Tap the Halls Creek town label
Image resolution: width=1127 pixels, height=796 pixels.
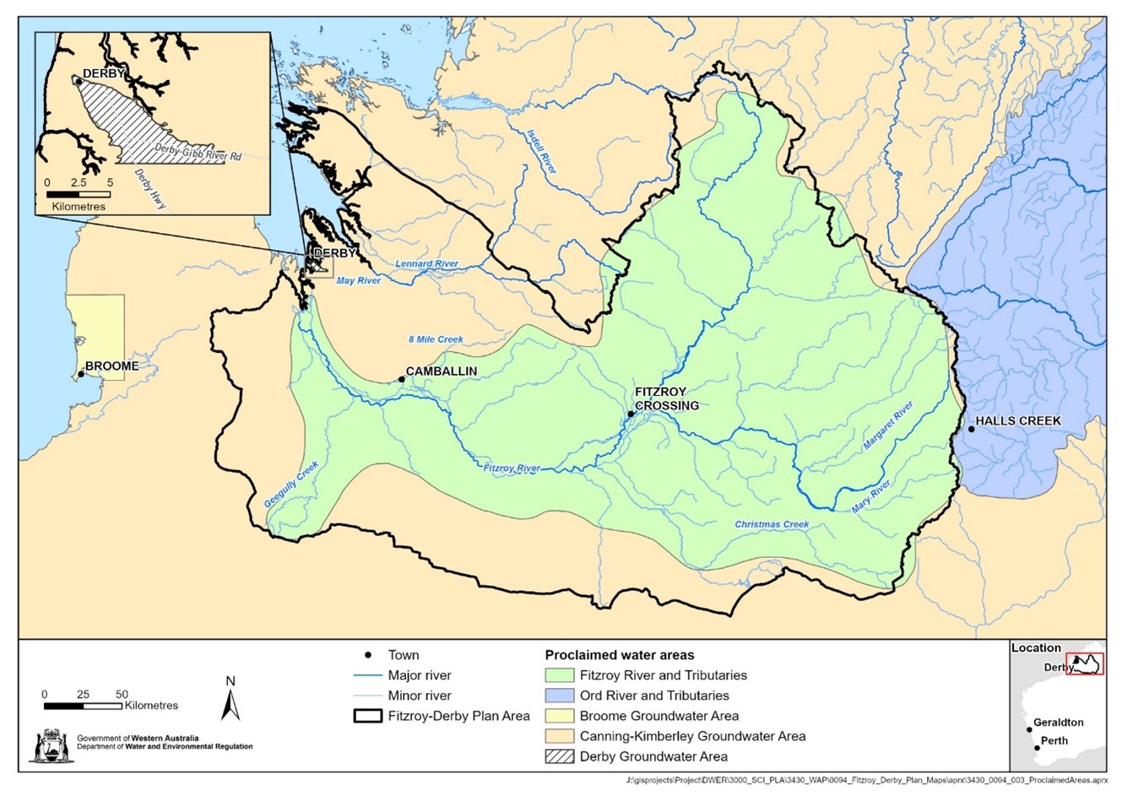(x=1018, y=420)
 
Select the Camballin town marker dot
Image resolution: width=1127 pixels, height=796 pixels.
(x=402, y=380)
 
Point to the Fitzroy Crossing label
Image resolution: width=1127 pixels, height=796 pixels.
(x=666, y=398)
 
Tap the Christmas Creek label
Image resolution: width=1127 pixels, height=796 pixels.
(x=772, y=524)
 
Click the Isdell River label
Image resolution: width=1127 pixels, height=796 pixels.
(x=541, y=151)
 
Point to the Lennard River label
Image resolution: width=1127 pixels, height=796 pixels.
(x=427, y=264)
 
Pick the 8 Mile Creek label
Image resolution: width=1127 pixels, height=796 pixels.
(x=436, y=339)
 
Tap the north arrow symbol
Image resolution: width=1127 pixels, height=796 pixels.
(x=230, y=699)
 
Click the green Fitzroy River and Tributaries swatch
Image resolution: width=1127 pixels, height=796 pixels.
(x=559, y=675)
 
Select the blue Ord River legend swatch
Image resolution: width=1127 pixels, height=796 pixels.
(x=559, y=696)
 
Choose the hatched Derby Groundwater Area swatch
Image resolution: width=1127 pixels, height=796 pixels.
(x=559, y=756)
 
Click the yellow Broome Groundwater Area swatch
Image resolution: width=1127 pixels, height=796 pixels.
(x=559, y=716)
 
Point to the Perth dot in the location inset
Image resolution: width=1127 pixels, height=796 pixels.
(x=1037, y=748)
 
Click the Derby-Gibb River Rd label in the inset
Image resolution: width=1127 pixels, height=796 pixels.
(x=199, y=152)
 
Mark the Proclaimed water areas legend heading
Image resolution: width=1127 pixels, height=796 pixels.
(x=620, y=655)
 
